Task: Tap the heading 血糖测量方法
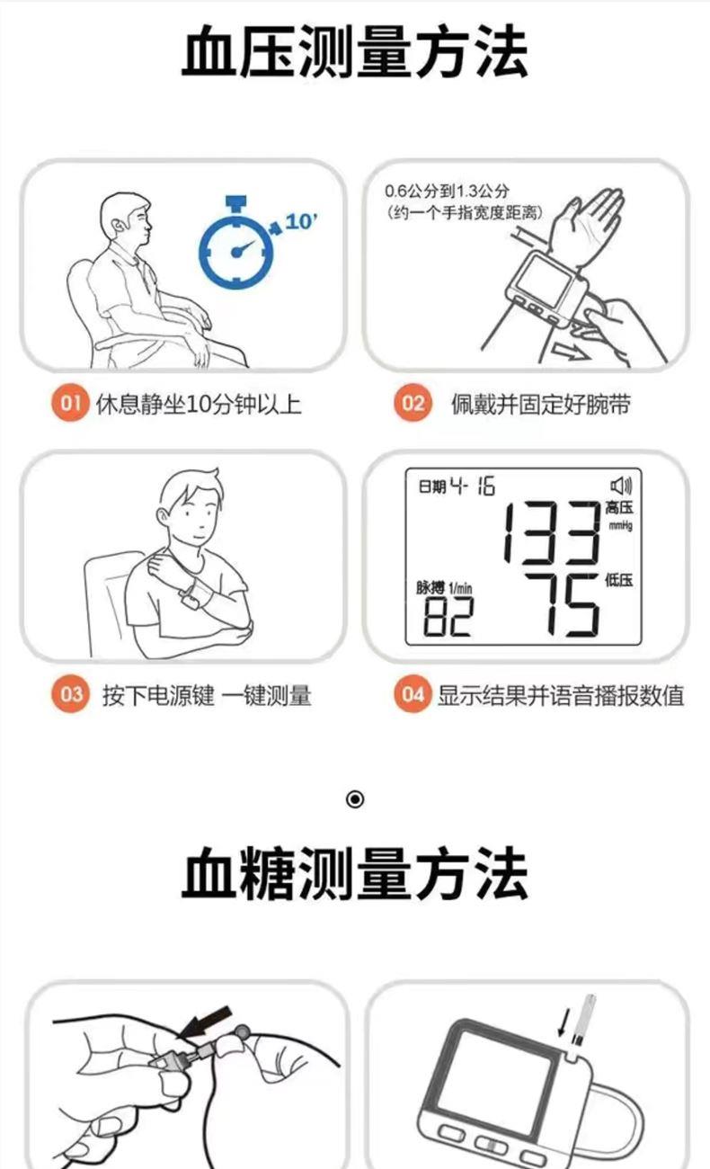[x=355, y=873]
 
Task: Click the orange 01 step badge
[x=70, y=403]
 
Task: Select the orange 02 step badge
[x=413, y=403]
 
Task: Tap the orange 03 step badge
[x=70, y=694]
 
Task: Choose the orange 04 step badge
[x=413, y=694]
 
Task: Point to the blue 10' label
[x=301, y=222]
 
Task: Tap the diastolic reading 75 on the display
[x=562, y=605]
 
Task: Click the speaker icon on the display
[x=621, y=486]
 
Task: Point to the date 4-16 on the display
[x=473, y=486]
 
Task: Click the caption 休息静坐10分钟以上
[x=199, y=405]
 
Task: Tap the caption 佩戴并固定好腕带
[x=541, y=405]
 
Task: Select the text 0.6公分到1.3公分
[x=447, y=191]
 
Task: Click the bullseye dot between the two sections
[x=355, y=799]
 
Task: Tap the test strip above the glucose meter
[x=582, y=1020]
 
